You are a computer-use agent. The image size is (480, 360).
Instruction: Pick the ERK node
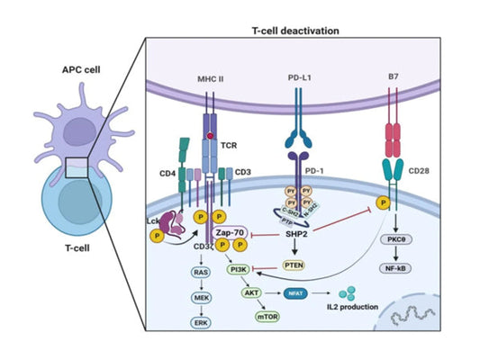[x=203, y=321]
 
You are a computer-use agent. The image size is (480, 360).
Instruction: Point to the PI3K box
[x=239, y=268]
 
